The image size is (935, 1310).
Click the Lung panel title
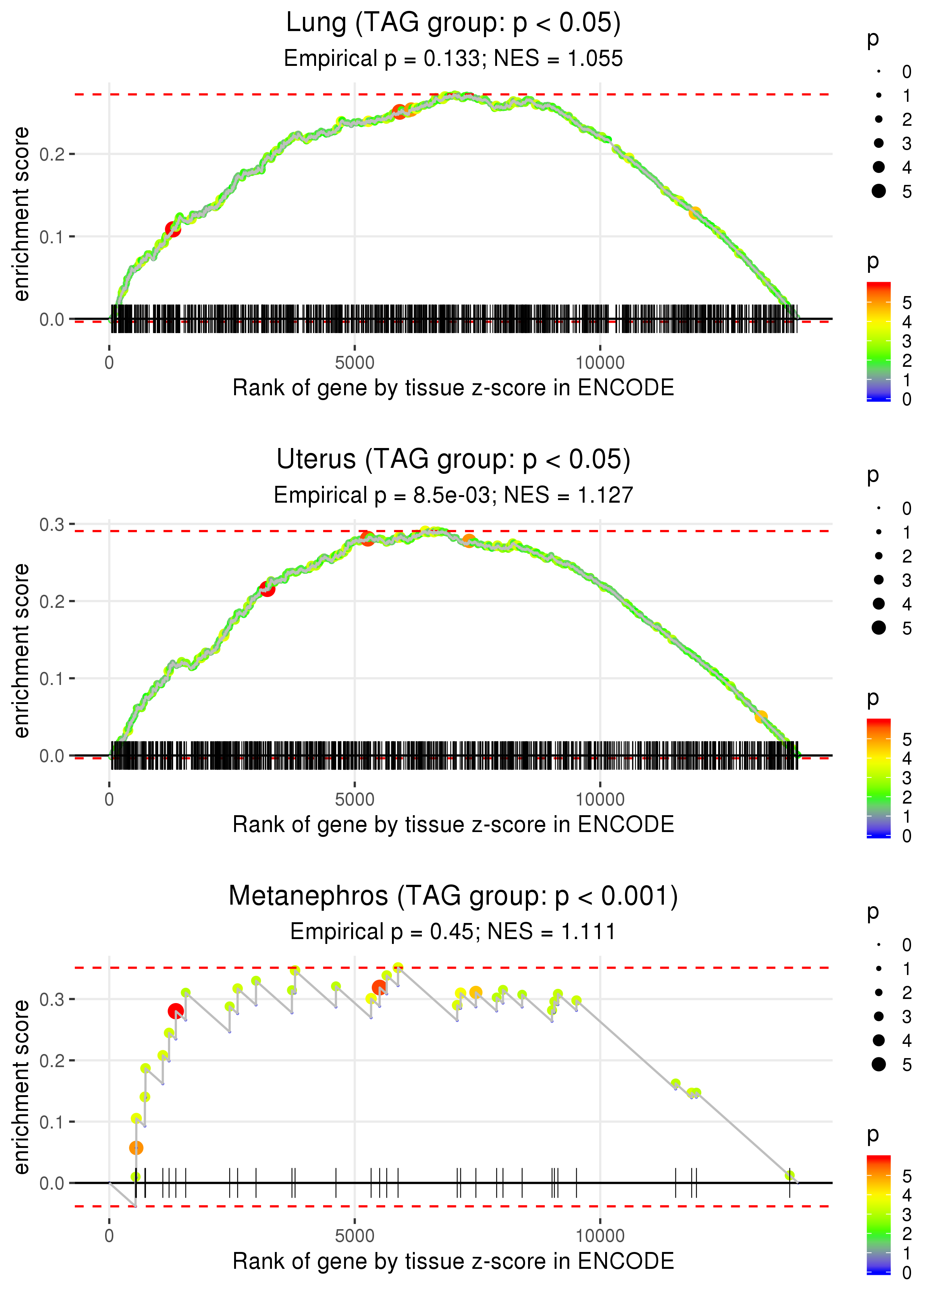pos(453,23)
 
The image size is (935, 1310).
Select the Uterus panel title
pos(453,460)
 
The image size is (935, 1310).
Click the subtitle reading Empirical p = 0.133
pos(453,59)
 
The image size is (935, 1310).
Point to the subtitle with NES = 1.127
pos(453,496)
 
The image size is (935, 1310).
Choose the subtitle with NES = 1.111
pos(453,932)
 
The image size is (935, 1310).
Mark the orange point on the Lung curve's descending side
pos(695,213)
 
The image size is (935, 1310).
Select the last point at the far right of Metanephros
pos(790,1176)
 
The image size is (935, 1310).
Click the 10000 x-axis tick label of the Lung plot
pos(600,363)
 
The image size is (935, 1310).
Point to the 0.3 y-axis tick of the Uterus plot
pos(52,525)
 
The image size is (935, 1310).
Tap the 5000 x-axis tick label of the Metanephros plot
pos(355,1236)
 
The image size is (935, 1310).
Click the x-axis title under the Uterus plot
pos(453,825)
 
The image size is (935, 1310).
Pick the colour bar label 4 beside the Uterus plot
pos(906,759)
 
